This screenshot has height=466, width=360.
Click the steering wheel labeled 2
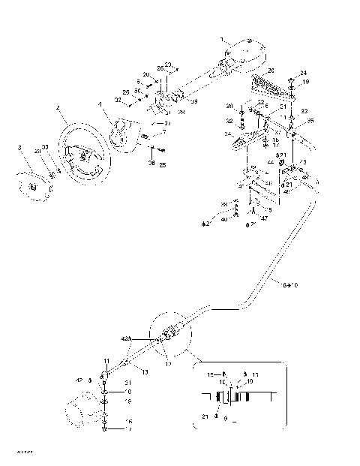point(71,135)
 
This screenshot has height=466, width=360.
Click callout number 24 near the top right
point(303,73)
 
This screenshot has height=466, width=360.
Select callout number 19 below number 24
point(305,82)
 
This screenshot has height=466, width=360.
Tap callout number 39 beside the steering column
point(194,101)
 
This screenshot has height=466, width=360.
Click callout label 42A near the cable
point(126,339)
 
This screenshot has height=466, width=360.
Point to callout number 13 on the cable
point(145,371)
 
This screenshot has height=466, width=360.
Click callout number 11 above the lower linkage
point(106,361)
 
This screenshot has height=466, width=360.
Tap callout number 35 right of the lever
point(310,120)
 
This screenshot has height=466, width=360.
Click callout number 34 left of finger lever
point(229,135)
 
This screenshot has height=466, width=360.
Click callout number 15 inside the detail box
point(211,373)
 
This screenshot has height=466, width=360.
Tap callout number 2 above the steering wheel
point(57,108)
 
